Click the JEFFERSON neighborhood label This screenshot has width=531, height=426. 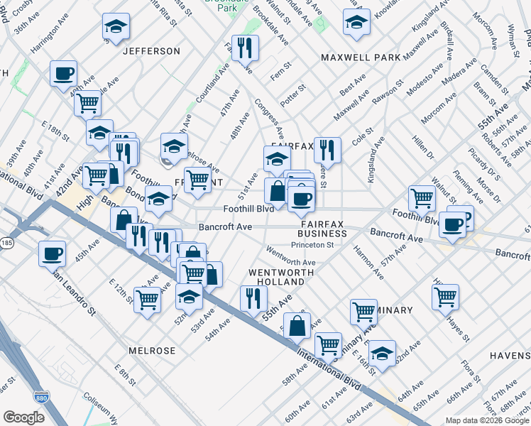(x=151, y=51)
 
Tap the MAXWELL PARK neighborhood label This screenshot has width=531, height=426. (x=360, y=57)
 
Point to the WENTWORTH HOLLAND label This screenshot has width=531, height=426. (x=276, y=277)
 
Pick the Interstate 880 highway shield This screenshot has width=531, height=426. (x=41, y=398)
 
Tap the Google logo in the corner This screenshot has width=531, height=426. (x=23, y=417)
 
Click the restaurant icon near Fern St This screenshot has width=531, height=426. (x=245, y=48)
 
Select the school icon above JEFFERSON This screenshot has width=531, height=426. (x=116, y=26)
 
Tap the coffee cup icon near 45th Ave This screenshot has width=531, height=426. (x=53, y=253)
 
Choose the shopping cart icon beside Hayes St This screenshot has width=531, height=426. (x=445, y=296)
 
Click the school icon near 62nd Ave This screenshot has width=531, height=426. (x=382, y=354)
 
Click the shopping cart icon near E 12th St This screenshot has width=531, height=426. (x=147, y=300)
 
